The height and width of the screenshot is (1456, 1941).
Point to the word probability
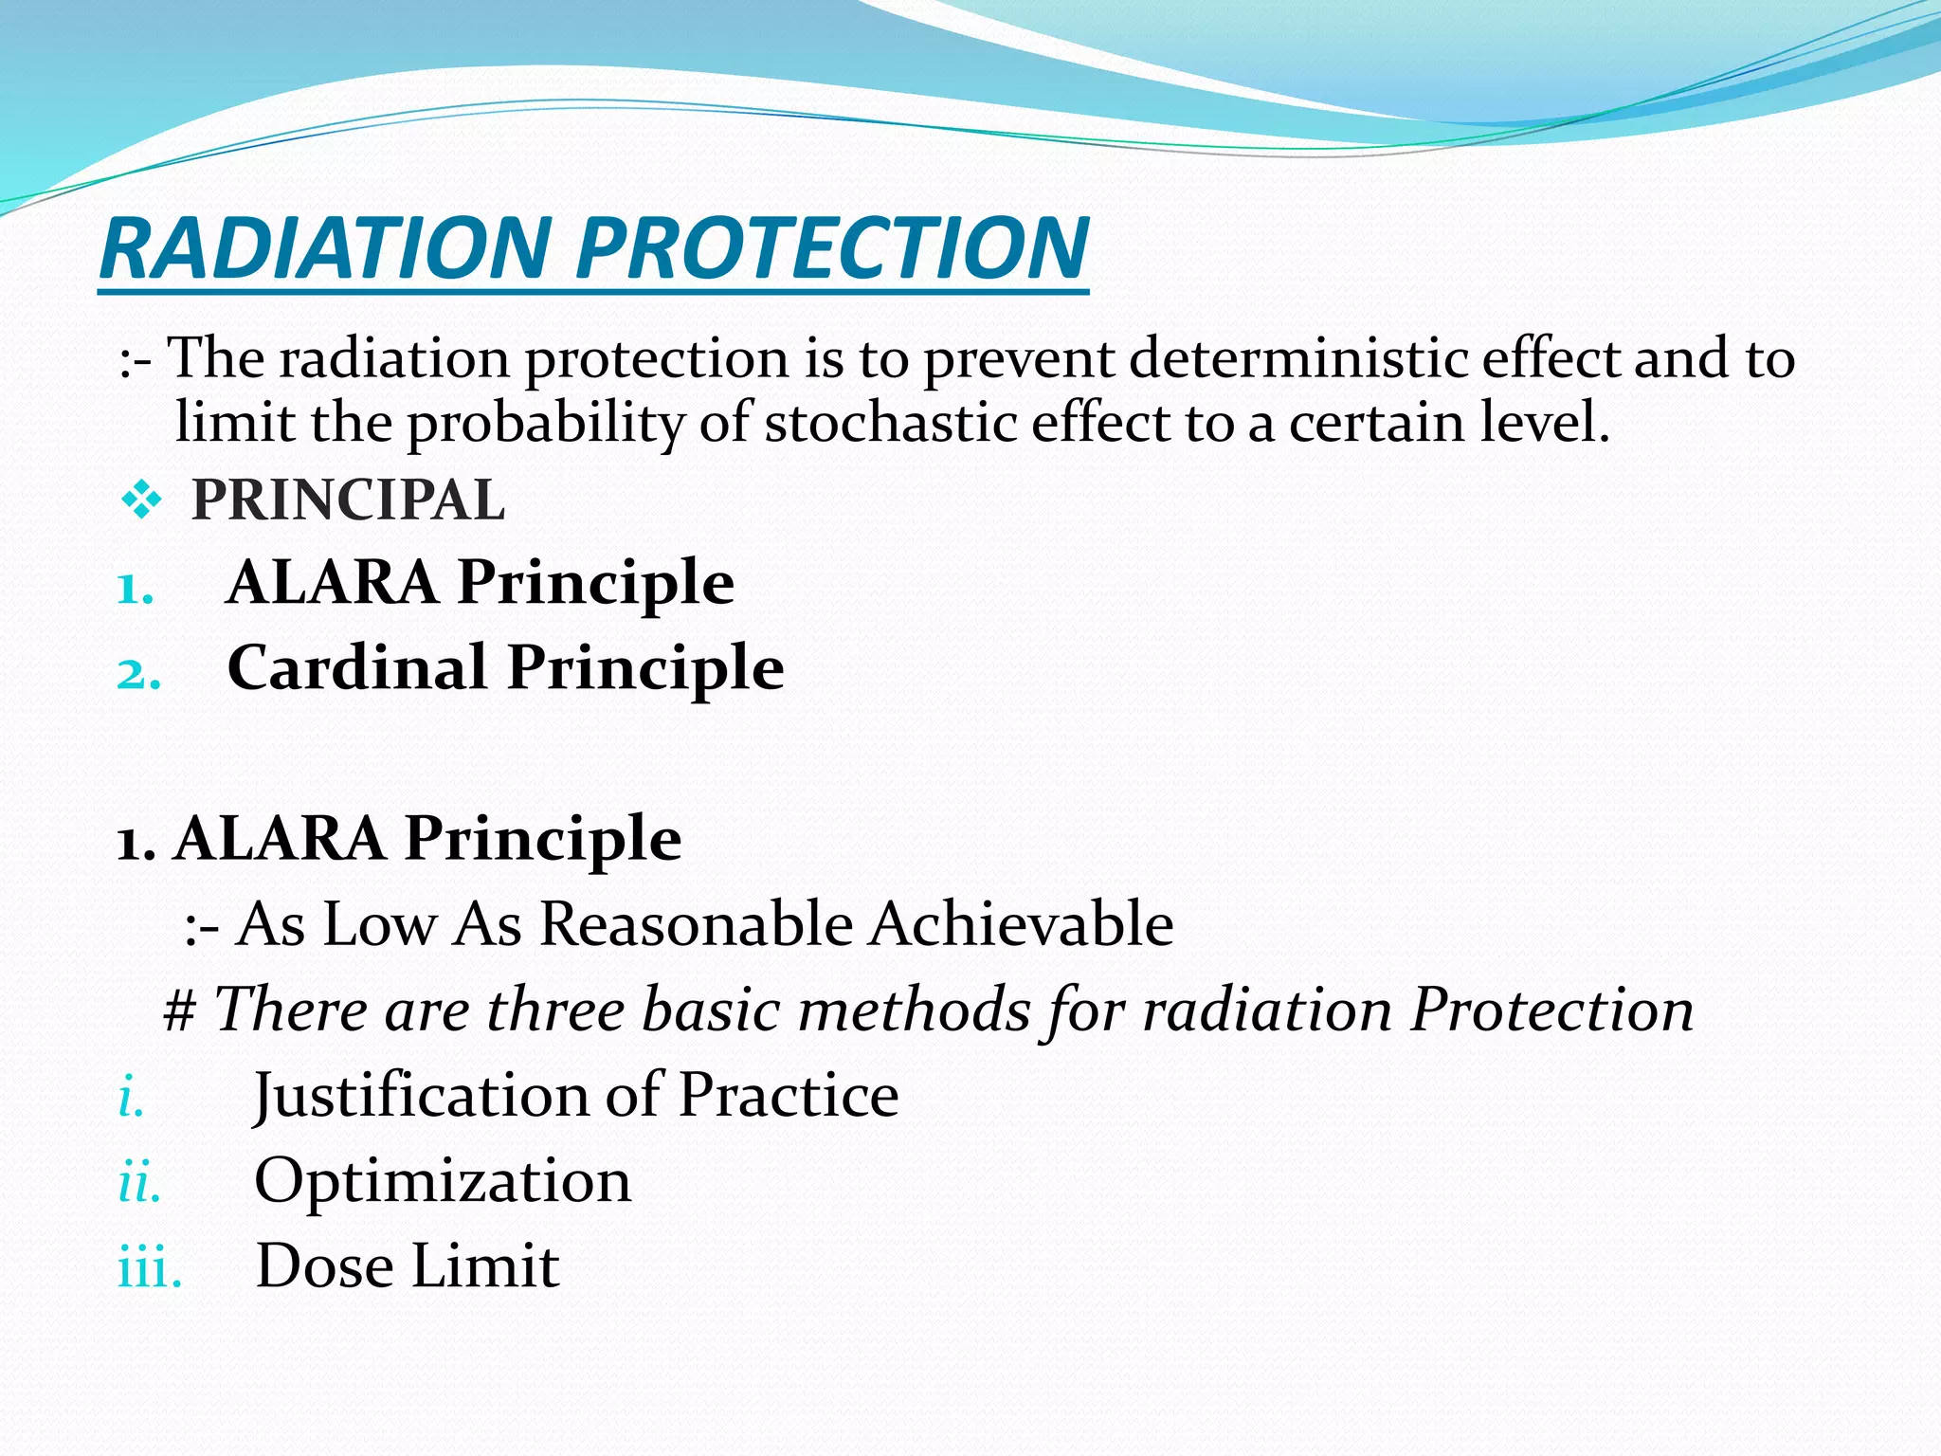point(545,423)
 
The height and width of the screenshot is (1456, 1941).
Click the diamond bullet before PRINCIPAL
point(141,500)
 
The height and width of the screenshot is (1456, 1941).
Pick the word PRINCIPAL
point(348,500)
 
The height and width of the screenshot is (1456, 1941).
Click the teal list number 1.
point(135,591)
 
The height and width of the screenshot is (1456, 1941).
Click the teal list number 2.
point(138,676)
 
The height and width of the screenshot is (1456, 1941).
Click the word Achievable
point(1021,924)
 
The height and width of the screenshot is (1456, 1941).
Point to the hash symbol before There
point(180,1010)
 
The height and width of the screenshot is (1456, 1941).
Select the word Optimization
point(443,1182)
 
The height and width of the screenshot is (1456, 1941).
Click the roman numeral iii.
point(149,1268)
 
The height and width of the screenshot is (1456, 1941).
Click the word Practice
point(788,1096)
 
